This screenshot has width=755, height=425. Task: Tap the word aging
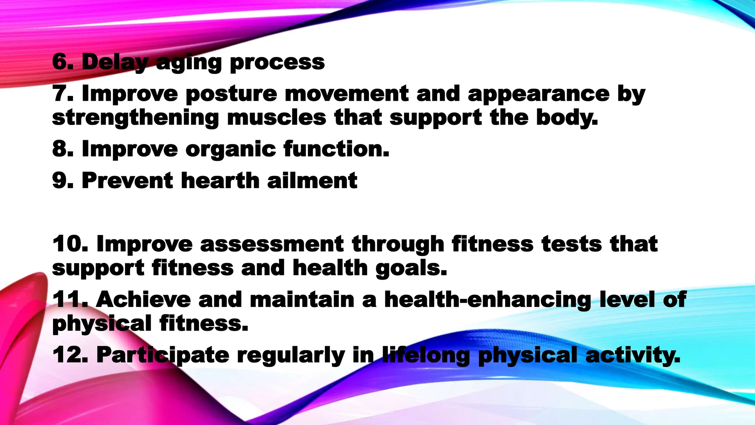click(x=188, y=63)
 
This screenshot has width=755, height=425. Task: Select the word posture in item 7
click(x=231, y=94)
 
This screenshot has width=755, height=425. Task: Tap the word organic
click(x=231, y=150)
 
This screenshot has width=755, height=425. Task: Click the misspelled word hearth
click(x=220, y=180)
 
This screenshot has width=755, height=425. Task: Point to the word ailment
click(x=312, y=180)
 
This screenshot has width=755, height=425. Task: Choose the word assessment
click(x=272, y=244)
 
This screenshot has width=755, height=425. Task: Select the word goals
click(x=411, y=269)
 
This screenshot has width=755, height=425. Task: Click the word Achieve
click(x=143, y=299)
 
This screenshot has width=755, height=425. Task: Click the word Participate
click(x=163, y=356)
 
